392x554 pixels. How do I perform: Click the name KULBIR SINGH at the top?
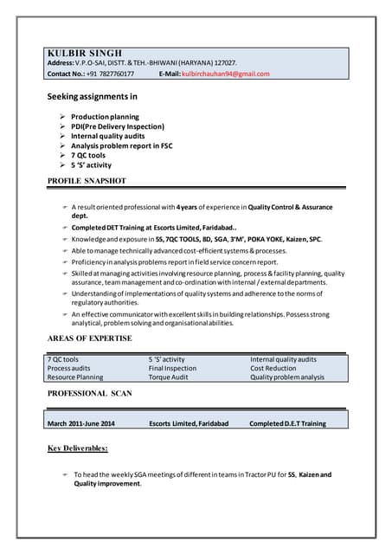pyautogui.click(x=85, y=52)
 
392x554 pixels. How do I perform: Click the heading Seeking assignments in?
pyautogui.click(x=92, y=97)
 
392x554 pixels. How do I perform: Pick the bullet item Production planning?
pyautogui.click(x=105, y=117)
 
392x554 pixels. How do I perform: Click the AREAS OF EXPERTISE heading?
pyautogui.click(x=89, y=338)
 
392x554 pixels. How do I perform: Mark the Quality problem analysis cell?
pyautogui.click(x=287, y=377)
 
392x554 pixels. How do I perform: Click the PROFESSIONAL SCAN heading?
pyautogui.click(x=89, y=394)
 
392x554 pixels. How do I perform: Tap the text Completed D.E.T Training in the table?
pyautogui.click(x=287, y=423)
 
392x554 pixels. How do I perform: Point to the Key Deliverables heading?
pyautogui.click(x=78, y=448)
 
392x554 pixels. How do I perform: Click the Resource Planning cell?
pyautogui.click(x=74, y=377)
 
